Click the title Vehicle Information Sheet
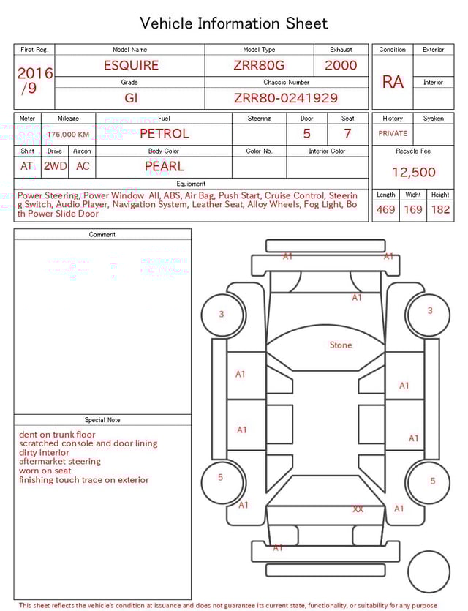point(233,23)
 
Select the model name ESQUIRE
point(131,65)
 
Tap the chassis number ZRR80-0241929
point(286,98)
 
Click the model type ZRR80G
point(259,65)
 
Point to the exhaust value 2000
point(341,65)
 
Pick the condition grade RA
point(393,82)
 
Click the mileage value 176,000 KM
point(68,135)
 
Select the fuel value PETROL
point(164,134)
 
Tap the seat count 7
point(347,134)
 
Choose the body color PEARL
point(164,166)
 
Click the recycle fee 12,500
point(413,173)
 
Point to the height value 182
point(440,209)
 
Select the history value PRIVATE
point(393,134)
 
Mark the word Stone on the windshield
point(341,345)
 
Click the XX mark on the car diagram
point(358,509)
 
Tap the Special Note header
point(102,420)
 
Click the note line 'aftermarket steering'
point(60,462)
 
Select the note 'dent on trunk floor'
point(57,435)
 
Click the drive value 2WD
point(55,166)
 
